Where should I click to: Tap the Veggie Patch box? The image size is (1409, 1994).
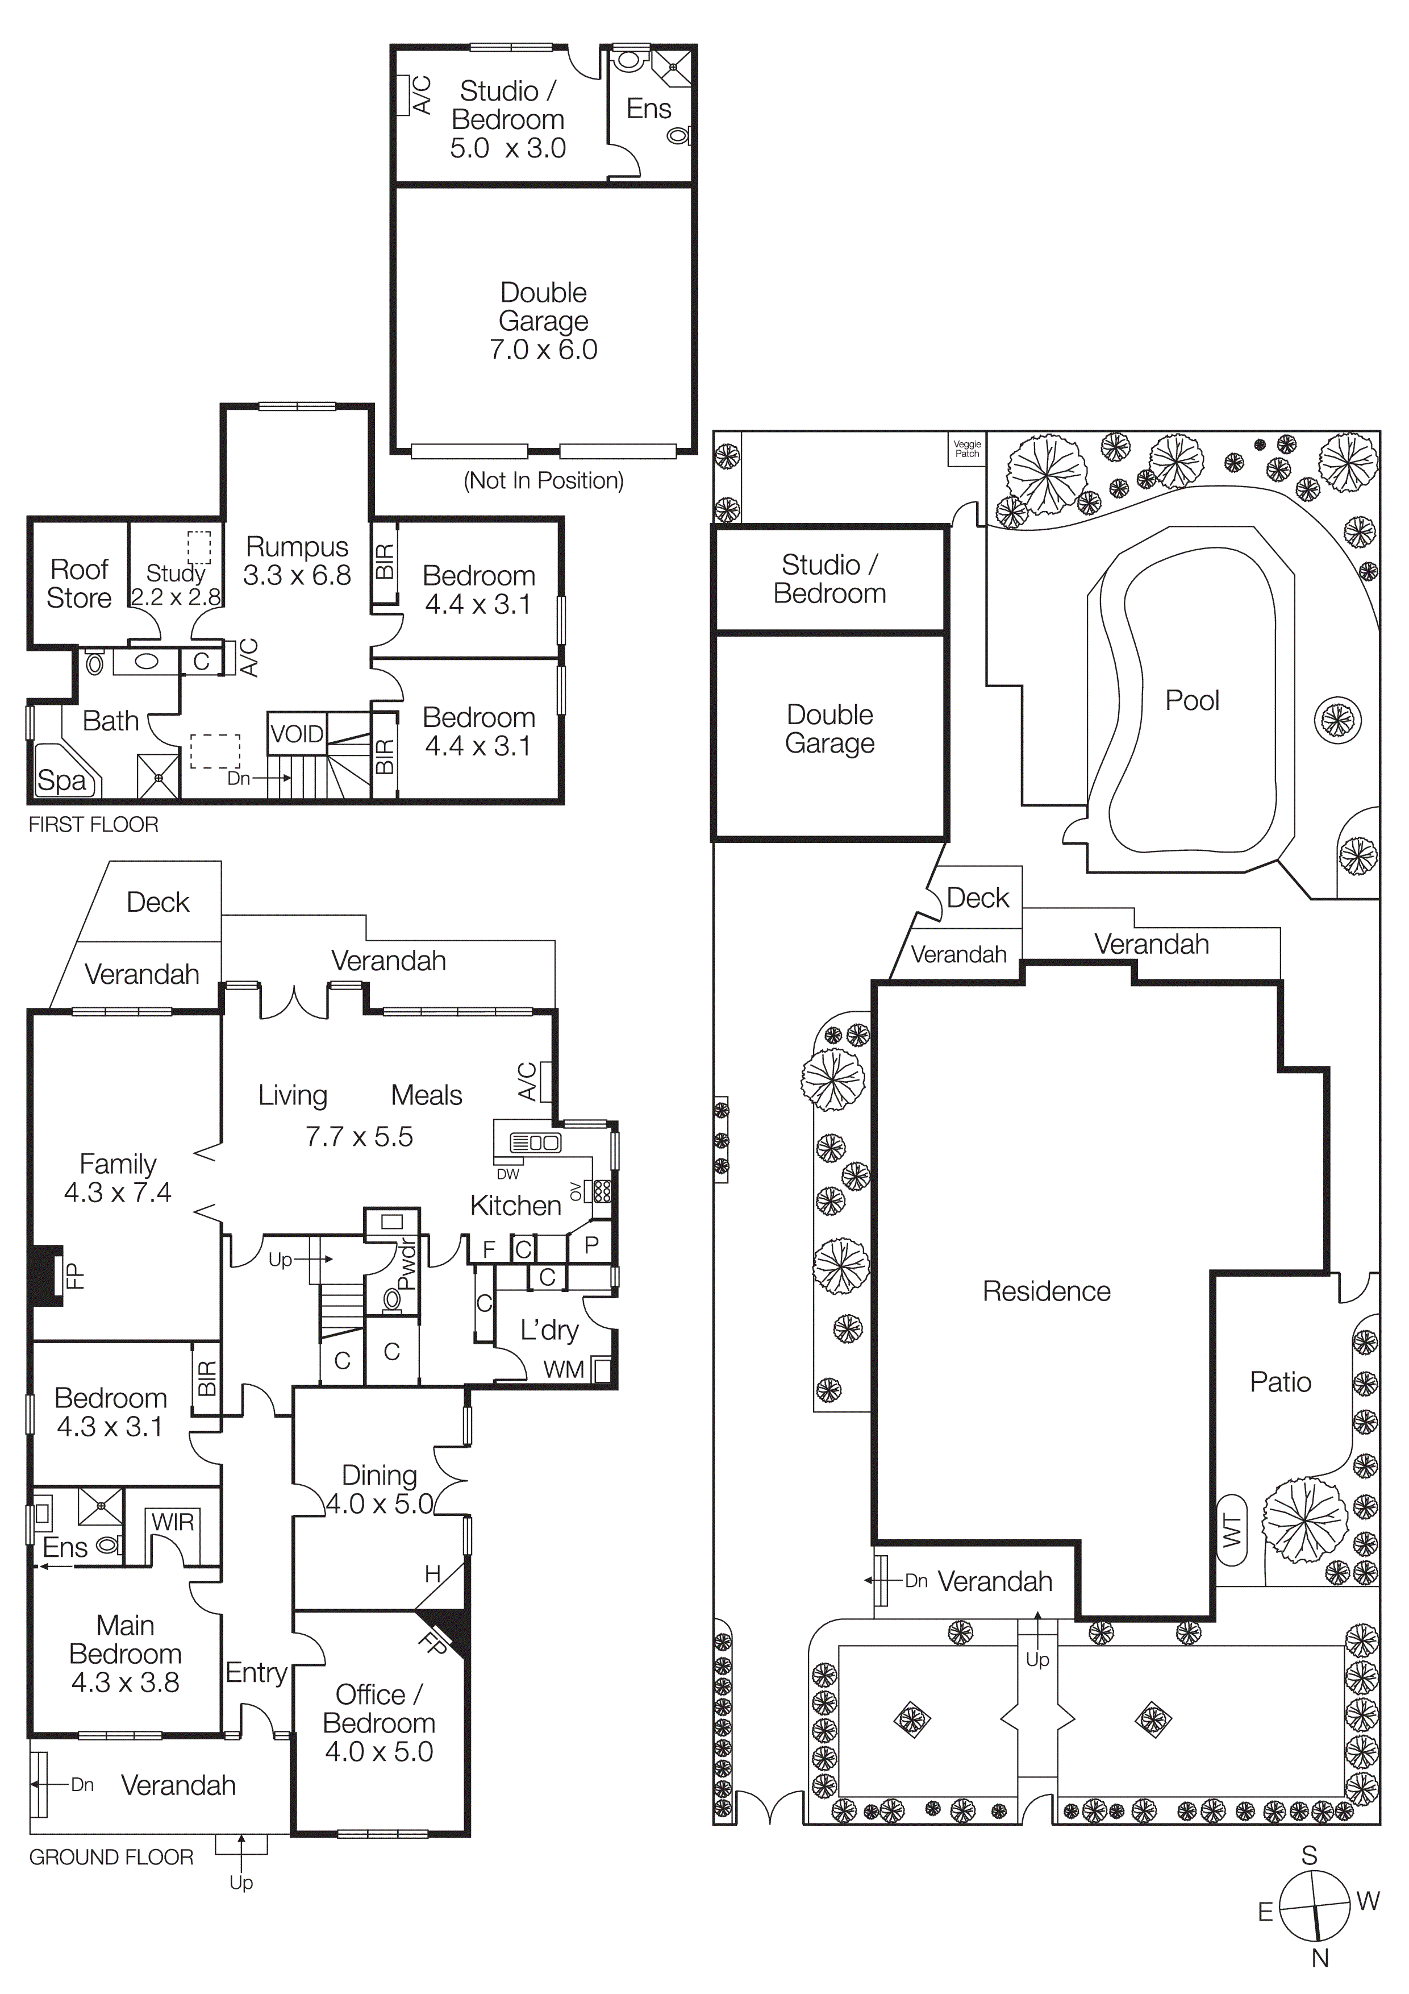pos(966,449)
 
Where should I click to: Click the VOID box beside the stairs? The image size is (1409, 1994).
pos(296,734)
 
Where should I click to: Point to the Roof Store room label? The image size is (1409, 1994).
pos(79,584)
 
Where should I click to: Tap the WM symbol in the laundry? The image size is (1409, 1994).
pos(564,1369)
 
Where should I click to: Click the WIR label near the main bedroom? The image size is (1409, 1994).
pos(173,1522)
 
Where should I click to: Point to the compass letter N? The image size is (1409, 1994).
pos(1320,1958)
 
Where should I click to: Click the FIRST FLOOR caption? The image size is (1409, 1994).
pos(94,824)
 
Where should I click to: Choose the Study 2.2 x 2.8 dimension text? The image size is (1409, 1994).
pos(176,597)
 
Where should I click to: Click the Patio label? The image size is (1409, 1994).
pos(1279,1382)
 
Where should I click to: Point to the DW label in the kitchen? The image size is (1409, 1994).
pos(508,1174)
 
